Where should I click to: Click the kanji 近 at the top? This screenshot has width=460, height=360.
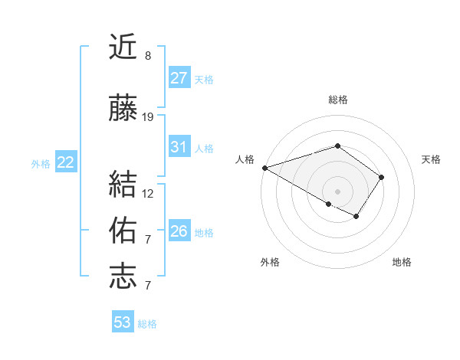[x=123, y=48]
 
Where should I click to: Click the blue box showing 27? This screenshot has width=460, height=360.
[x=179, y=78]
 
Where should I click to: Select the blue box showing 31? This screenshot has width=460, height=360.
[x=179, y=147]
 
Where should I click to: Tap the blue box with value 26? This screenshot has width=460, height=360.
[x=179, y=231]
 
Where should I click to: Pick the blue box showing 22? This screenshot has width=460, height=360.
[x=66, y=162]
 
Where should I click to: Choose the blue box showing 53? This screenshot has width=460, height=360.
[x=123, y=322]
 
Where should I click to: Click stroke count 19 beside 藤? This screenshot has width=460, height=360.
[x=148, y=117]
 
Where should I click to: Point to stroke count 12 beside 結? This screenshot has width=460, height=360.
[x=148, y=194]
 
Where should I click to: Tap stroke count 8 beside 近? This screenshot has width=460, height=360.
[x=148, y=56]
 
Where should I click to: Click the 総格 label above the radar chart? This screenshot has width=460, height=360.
[x=337, y=100]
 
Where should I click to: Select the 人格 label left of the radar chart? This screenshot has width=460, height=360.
[x=245, y=159]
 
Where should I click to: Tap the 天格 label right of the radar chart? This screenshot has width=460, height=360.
[x=431, y=159]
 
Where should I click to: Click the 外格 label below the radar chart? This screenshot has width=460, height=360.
[x=270, y=262]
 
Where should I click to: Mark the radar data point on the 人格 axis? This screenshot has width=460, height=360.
[x=264, y=168]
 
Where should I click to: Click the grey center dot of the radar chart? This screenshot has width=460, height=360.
[x=337, y=191]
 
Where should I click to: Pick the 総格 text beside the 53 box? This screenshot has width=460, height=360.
[x=148, y=324]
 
